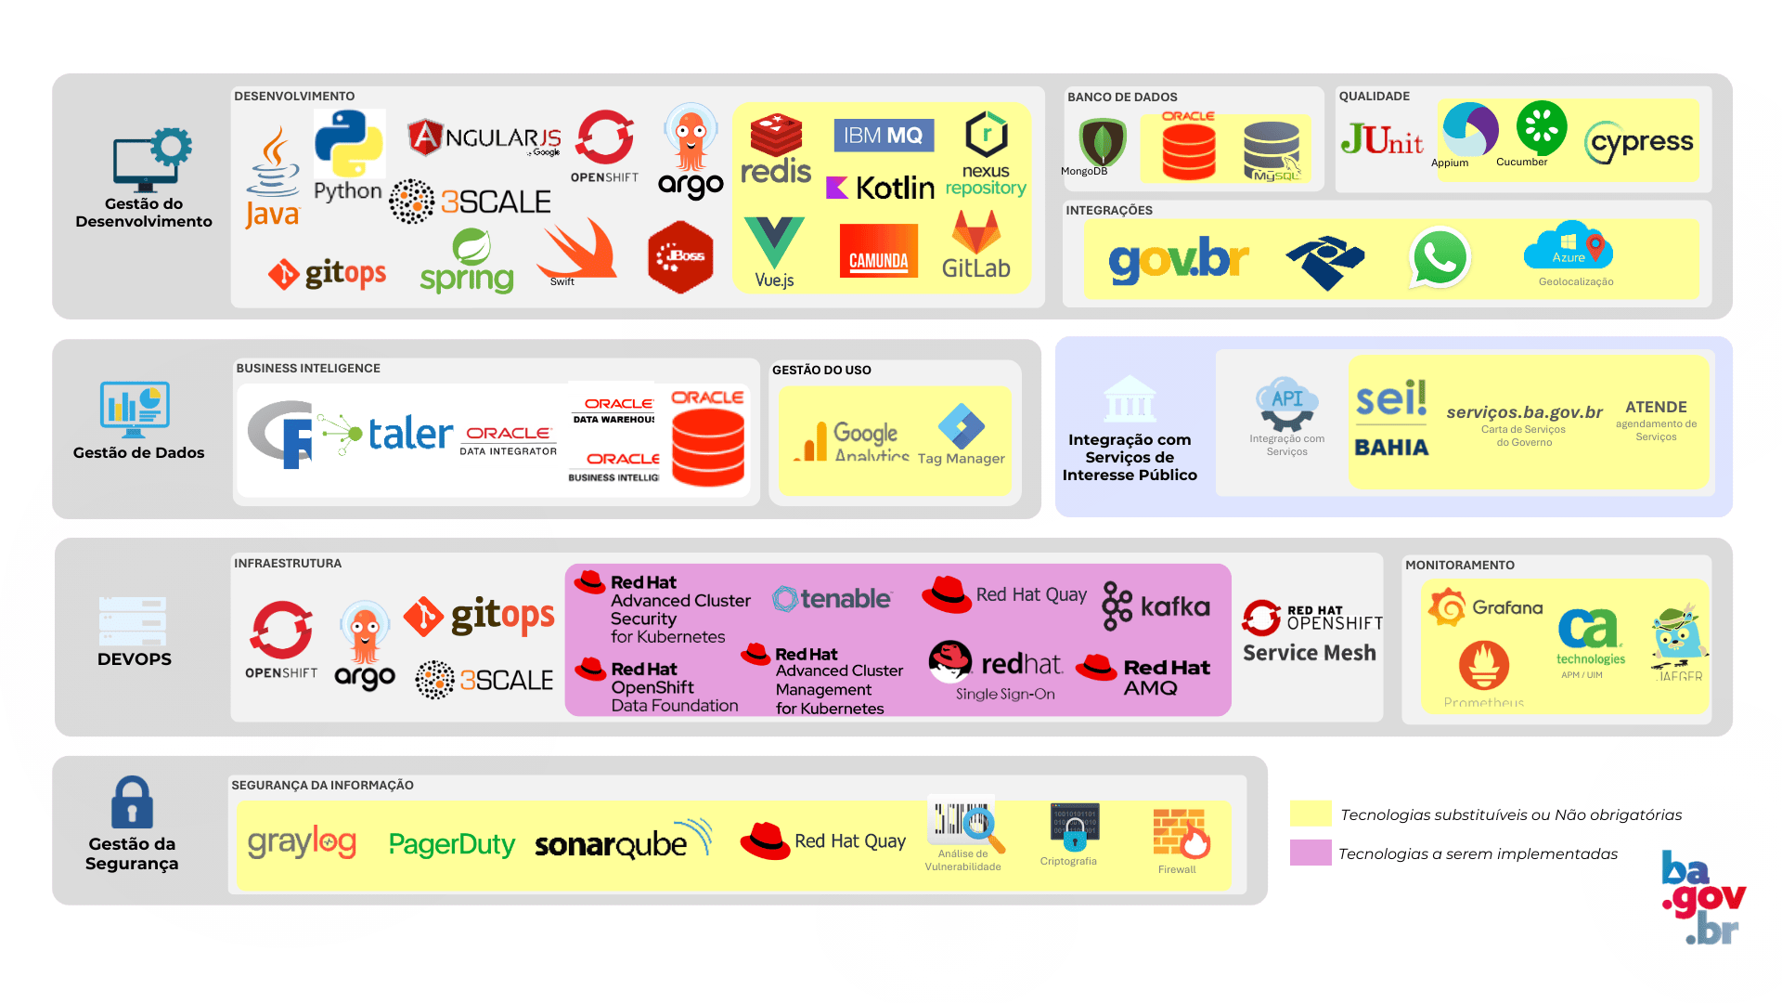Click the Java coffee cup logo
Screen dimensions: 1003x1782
point(273,167)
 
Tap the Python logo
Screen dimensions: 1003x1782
point(348,145)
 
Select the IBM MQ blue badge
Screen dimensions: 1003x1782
point(883,136)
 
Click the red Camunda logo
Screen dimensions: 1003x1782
point(878,251)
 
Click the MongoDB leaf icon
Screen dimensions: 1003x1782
point(1102,142)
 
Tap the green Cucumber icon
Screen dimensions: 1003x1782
point(1541,128)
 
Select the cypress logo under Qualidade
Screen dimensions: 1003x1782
point(1641,142)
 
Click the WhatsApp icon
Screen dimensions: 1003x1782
point(1439,257)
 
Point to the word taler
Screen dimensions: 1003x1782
point(410,434)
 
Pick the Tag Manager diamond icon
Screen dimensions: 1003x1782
point(961,426)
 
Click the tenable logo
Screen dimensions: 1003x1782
point(833,599)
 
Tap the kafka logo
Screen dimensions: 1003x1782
point(1156,606)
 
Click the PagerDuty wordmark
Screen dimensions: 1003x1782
point(451,844)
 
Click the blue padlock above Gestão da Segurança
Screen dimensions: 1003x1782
point(132,802)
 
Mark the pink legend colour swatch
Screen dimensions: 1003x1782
point(1311,853)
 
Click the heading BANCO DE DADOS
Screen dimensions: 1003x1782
point(1122,97)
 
